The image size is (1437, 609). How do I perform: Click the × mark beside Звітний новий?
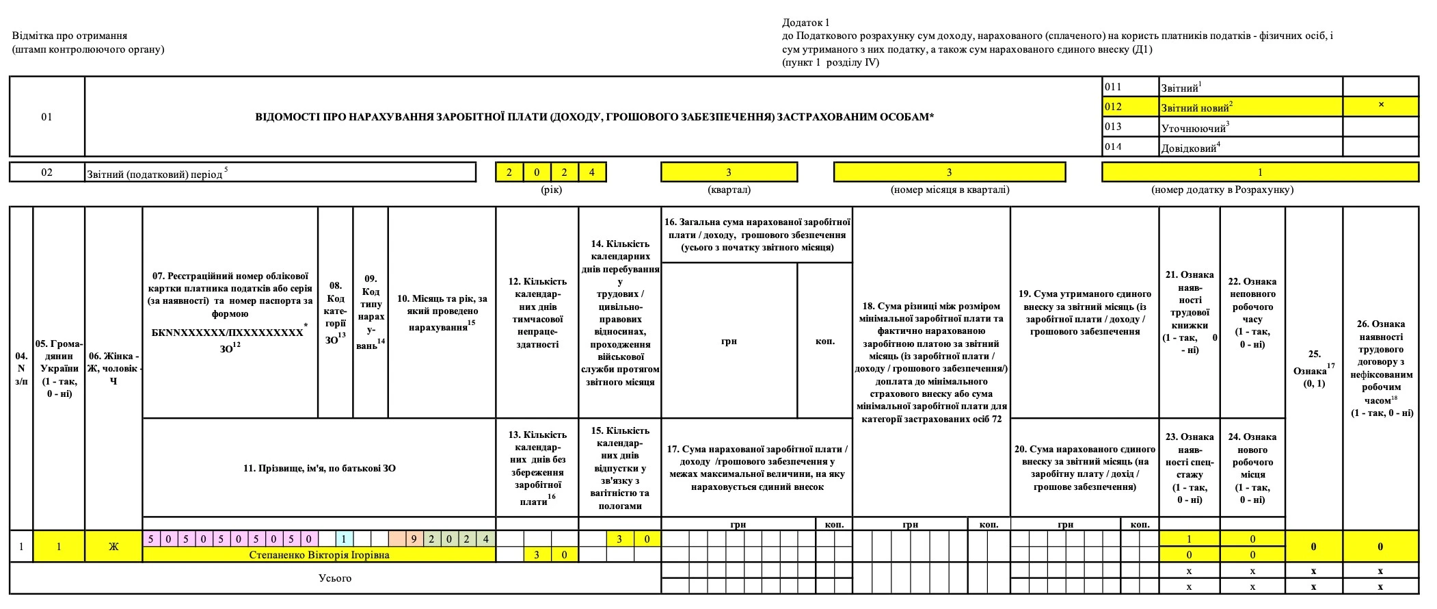pos(1380,105)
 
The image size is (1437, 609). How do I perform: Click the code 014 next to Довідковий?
pos(1113,146)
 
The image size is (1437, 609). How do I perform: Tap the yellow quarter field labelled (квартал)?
pos(729,172)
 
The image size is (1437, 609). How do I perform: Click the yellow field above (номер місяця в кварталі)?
pos(949,172)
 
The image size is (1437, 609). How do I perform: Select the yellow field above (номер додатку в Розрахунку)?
pos(1259,172)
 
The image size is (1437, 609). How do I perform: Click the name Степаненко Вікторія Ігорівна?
pos(319,555)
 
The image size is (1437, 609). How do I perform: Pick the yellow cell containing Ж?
pos(113,547)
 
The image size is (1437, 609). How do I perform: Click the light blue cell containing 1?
pos(345,539)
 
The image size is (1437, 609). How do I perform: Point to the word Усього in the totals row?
pos(335,578)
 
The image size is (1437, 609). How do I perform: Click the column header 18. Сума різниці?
pos(931,362)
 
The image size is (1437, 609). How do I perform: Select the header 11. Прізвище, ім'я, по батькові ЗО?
pos(319,469)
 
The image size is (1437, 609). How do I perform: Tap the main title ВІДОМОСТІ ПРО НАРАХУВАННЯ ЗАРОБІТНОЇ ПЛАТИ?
pos(594,117)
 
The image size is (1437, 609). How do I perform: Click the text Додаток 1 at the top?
pos(805,23)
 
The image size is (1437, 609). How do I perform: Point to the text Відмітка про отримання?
pos(70,36)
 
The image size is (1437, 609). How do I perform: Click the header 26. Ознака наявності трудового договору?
pos(1381,368)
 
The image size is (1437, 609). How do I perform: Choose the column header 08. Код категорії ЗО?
pos(336,312)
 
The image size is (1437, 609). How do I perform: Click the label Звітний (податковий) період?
pos(155,174)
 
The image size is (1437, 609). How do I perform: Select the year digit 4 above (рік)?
pos(592,172)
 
